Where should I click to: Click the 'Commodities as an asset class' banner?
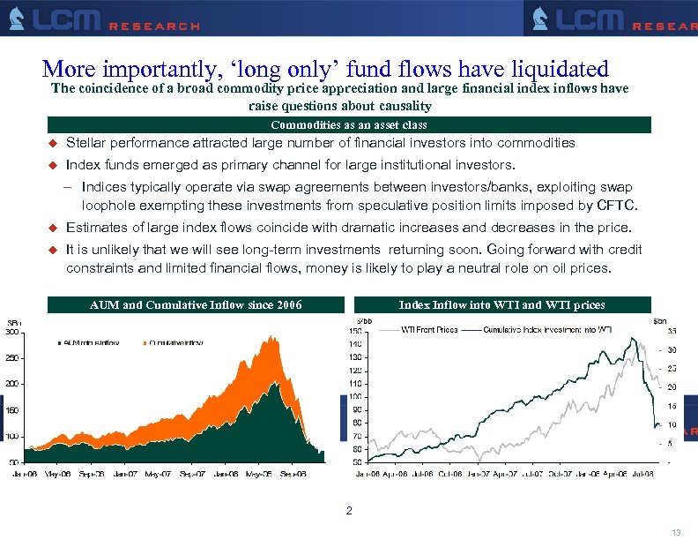(349, 125)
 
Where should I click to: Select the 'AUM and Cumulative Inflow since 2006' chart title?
(196, 305)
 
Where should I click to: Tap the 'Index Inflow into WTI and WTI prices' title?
(501, 305)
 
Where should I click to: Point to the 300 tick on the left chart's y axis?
(13, 333)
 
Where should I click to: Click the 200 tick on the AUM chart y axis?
(13, 384)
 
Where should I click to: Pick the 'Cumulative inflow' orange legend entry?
(175, 342)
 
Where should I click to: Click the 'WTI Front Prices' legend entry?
(429, 330)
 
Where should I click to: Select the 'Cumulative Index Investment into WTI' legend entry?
(546, 330)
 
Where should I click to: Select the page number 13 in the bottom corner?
(676, 531)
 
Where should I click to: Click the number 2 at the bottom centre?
(349, 511)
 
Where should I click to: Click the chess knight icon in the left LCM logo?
(16, 19)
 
